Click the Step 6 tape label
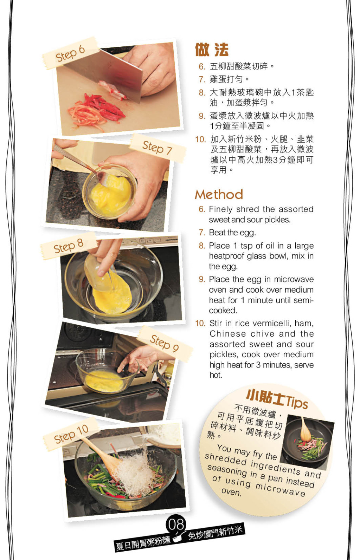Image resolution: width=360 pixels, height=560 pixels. pos(70,53)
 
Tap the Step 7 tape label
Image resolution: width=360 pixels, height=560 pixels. pos(158,148)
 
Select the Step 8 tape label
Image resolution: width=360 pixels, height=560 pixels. pos(69,246)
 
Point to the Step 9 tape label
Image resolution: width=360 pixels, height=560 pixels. pos(165,343)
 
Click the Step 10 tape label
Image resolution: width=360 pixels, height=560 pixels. pos(71,434)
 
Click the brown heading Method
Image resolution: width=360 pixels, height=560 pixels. pos(219,195)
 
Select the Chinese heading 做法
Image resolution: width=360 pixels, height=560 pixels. pos(212,50)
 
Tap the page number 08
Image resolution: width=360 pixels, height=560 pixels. pos(176,524)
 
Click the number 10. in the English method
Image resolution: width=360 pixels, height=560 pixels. pos(200,323)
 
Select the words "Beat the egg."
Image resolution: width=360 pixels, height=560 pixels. pos(232,233)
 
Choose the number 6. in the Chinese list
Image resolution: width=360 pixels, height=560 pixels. pos(202,66)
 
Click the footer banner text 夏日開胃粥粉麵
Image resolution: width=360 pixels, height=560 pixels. pos(143,541)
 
